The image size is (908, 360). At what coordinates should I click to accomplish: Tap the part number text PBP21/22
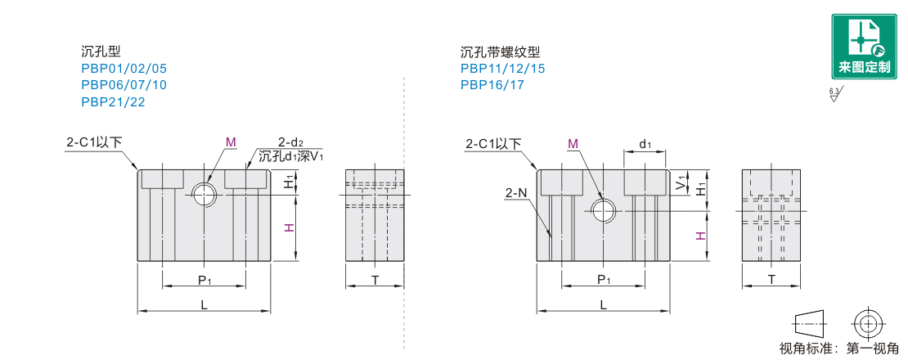pos(113,101)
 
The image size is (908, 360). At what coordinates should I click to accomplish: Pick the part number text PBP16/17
pos(492,84)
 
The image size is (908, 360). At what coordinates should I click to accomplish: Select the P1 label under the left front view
pos(205,280)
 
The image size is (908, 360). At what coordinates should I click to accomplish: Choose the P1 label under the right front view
pos(604,280)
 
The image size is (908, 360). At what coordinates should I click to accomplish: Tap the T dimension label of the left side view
pos(375,280)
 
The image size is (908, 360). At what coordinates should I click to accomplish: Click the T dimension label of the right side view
pos(771,280)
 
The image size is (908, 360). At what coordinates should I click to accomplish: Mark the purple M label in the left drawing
pos(231,142)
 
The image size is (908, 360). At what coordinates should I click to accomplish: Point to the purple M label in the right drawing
pos(573,143)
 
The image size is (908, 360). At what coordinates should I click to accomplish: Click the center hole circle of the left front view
pos(203,194)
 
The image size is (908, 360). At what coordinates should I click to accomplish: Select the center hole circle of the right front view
pos(604,210)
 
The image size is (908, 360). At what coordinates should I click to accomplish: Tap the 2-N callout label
pos(515,193)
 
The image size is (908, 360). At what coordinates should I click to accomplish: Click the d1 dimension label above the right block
pos(645,145)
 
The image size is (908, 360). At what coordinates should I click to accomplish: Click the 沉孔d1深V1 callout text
pos(291,156)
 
